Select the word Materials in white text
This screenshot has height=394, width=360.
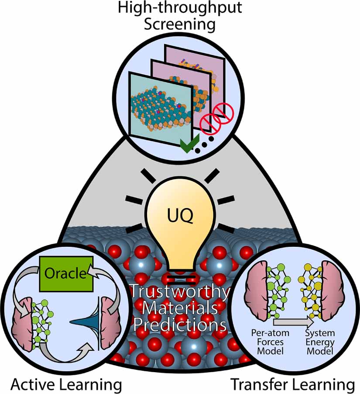pos(180,308)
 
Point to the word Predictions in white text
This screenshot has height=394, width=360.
pos(180,325)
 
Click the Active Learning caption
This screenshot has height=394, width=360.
pos(66,384)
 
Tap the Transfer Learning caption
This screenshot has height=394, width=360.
pos(292,384)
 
